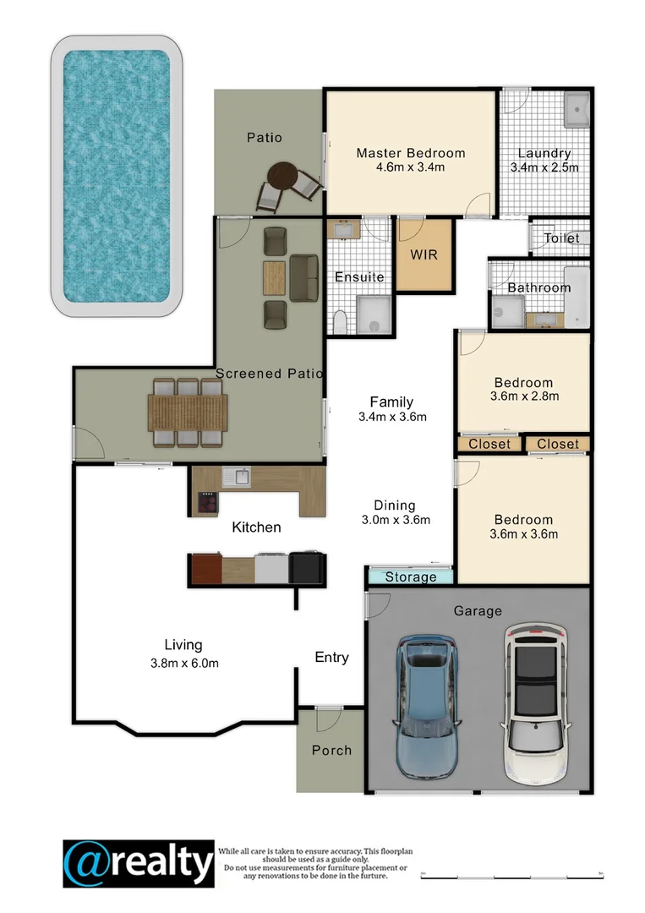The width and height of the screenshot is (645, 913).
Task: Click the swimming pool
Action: (x=118, y=175)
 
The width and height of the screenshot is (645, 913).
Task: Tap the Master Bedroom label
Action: (x=410, y=153)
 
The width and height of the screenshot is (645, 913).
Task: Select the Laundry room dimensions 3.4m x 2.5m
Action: (x=544, y=167)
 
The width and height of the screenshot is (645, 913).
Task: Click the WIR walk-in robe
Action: (x=424, y=254)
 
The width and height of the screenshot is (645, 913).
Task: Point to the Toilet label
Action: (x=561, y=238)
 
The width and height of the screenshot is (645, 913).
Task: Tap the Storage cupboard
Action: (x=411, y=577)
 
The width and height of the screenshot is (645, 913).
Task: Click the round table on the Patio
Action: (x=282, y=176)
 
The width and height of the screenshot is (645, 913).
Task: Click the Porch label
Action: (x=331, y=750)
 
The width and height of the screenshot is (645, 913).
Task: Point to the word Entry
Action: (x=331, y=657)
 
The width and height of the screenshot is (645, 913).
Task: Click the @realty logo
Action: (x=139, y=864)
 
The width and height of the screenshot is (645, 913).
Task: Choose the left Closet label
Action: (x=489, y=444)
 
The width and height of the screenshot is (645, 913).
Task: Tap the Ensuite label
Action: (x=359, y=276)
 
